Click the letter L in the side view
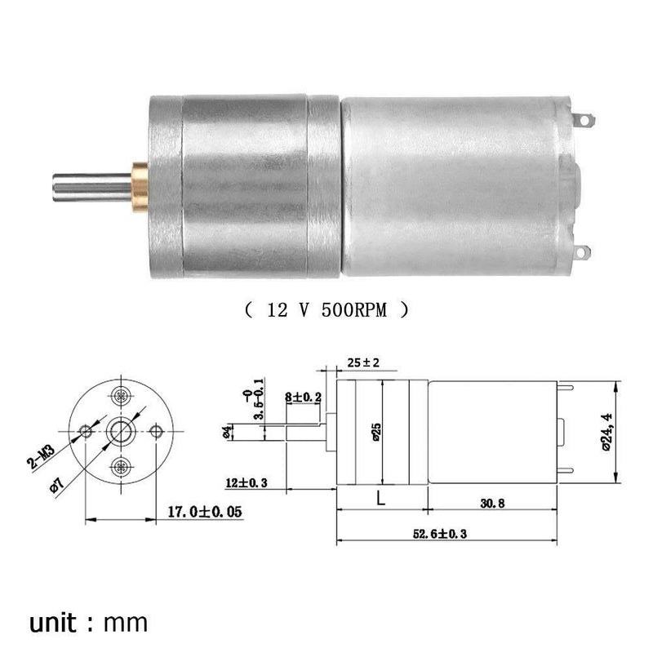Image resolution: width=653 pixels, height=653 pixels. (x=381, y=498)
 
